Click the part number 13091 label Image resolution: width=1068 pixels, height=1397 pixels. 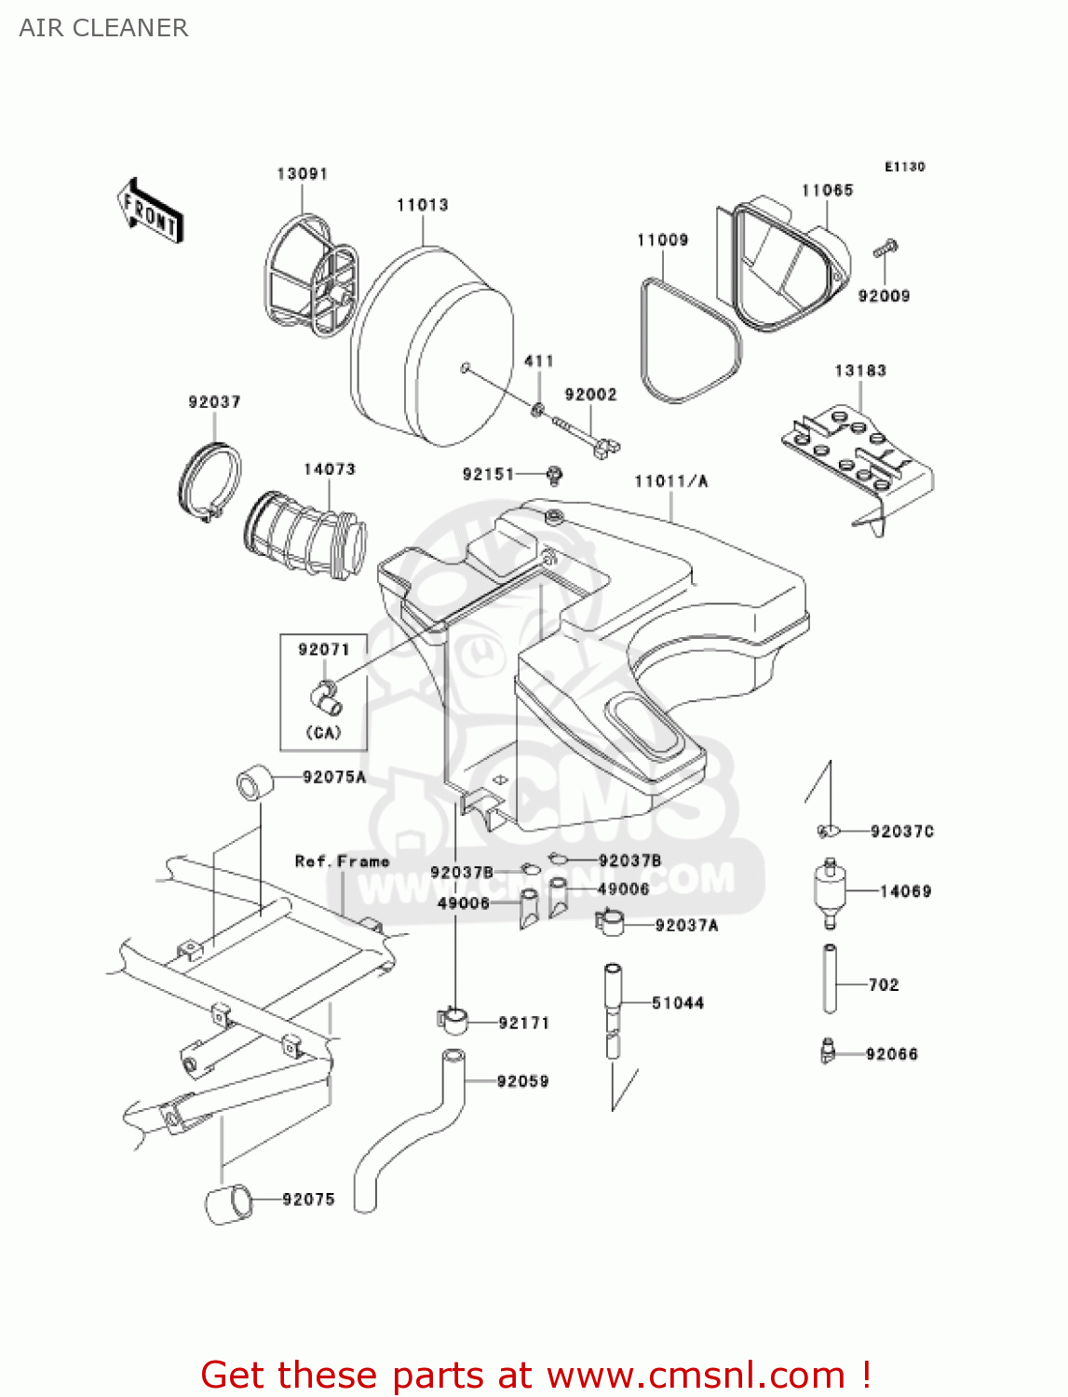tap(302, 174)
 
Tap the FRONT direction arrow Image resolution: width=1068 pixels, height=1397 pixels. tap(150, 211)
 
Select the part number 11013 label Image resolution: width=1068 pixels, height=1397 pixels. tap(422, 205)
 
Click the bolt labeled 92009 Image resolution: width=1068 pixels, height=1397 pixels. tap(885, 250)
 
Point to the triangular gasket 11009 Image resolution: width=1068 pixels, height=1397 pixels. tap(690, 345)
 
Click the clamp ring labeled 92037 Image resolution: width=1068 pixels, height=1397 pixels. tap(210, 481)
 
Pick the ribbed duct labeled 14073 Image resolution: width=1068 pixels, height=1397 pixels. tap(306, 536)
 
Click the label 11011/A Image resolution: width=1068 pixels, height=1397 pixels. tap(670, 481)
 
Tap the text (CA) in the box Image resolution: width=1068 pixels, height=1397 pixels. tap(323, 733)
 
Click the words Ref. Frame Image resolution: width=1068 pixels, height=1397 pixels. tap(342, 861)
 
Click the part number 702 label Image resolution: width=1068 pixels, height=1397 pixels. tap(883, 985)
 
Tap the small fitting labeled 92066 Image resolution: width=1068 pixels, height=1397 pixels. tap(827, 1051)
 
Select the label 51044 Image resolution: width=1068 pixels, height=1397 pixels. tap(677, 1003)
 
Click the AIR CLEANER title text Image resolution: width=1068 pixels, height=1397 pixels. tap(103, 28)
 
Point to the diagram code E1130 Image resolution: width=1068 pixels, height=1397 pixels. tap(904, 167)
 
